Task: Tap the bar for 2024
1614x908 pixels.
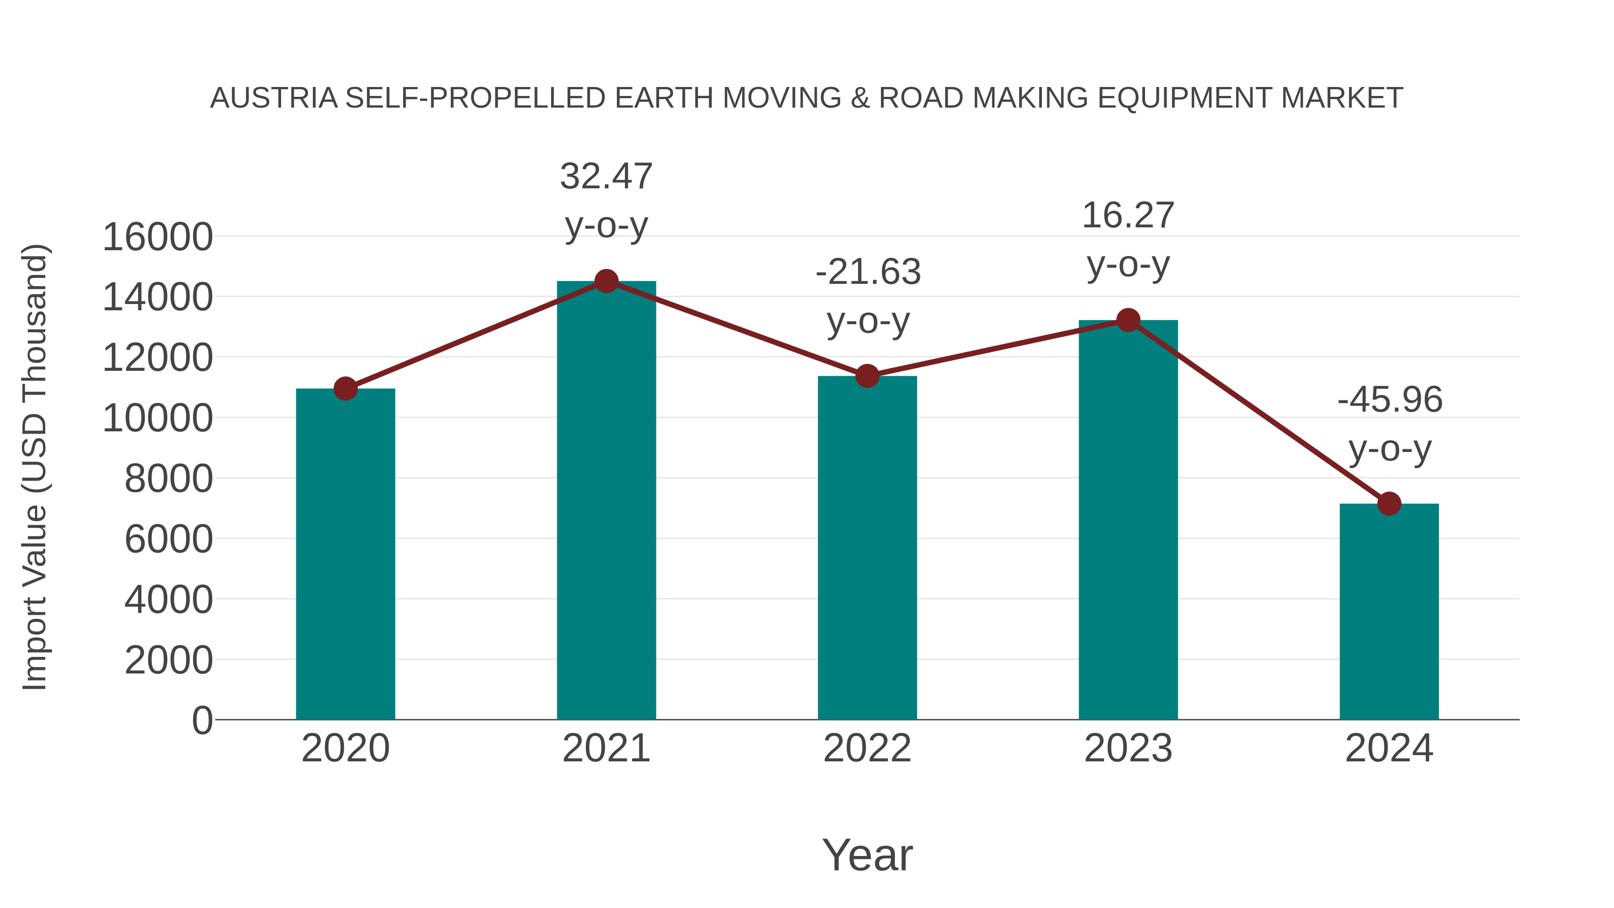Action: (1389, 611)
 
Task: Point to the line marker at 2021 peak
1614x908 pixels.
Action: (606, 281)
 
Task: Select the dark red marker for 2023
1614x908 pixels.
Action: (1128, 320)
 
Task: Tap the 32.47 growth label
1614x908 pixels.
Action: (606, 176)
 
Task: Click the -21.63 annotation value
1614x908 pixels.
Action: (868, 272)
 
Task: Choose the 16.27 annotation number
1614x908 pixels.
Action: (1128, 216)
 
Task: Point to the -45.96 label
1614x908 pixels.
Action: (1390, 400)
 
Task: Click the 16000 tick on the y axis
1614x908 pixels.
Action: (157, 238)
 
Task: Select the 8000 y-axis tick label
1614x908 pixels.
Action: (169, 479)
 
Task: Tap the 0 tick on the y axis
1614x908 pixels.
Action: (202, 720)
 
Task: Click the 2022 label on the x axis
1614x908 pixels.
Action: (867, 748)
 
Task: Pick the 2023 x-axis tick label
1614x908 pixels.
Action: (1128, 748)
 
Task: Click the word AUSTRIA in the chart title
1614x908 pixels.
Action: (274, 98)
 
